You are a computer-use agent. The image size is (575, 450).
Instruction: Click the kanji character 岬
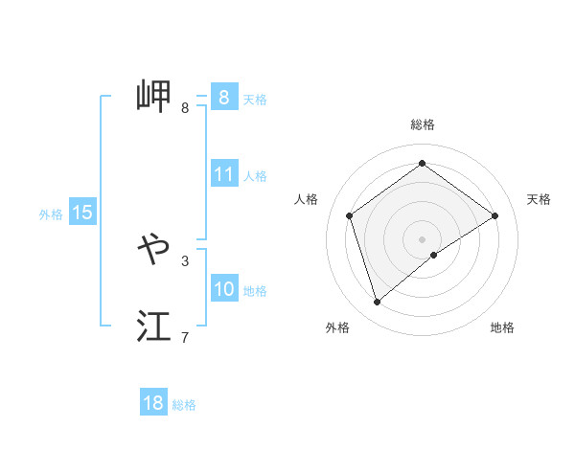click(x=153, y=96)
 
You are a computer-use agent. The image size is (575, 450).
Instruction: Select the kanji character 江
click(x=153, y=326)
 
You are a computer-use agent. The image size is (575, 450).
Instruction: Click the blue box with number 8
click(x=223, y=97)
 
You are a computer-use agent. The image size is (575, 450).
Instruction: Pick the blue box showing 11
click(x=224, y=174)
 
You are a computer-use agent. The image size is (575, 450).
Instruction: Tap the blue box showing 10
click(x=224, y=289)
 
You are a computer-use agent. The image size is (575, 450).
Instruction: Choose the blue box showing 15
click(x=82, y=213)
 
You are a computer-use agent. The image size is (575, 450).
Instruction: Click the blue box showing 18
click(x=153, y=403)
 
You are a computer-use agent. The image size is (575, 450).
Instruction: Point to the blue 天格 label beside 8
click(x=255, y=99)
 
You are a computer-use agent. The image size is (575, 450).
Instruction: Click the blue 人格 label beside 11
click(x=255, y=176)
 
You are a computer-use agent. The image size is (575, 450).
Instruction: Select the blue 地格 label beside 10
click(x=255, y=291)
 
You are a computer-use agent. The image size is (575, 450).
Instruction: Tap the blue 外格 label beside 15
click(x=51, y=214)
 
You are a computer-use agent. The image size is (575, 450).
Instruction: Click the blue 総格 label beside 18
click(x=184, y=405)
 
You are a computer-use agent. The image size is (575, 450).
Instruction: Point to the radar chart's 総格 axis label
click(x=423, y=124)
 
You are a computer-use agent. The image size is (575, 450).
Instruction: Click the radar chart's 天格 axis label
click(x=539, y=199)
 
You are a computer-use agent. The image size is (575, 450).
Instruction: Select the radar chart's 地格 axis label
click(x=502, y=327)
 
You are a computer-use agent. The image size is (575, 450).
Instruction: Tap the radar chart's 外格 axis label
click(x=337, y=327)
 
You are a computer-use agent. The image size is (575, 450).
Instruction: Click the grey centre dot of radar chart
click(x=422, y=238)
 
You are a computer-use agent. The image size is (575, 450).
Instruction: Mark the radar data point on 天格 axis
click(x=494, y=215)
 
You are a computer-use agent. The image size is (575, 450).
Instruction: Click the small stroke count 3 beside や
click(x=185, y=260)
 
